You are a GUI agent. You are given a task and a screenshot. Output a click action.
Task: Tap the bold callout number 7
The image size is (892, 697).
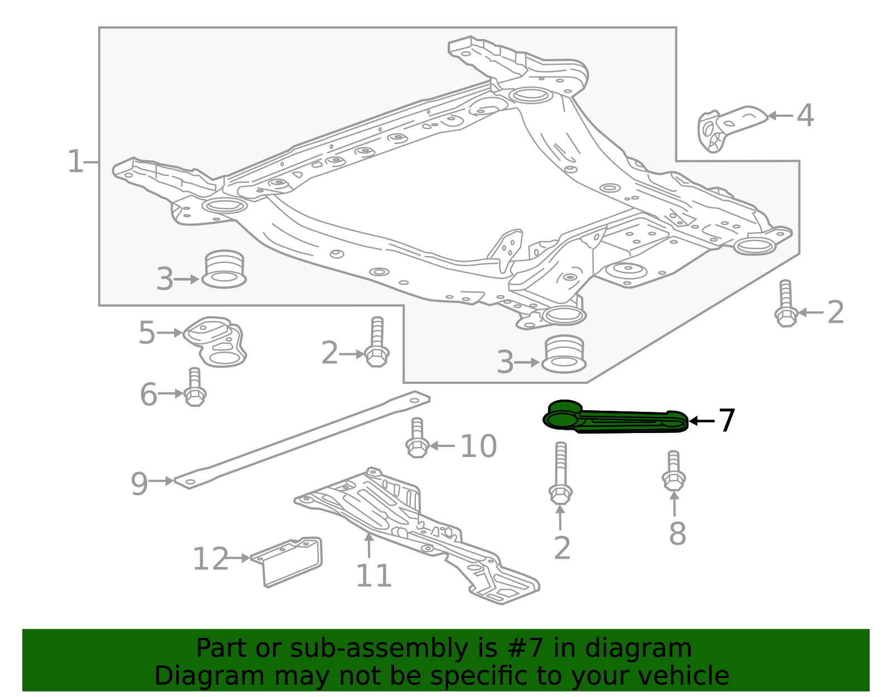point(726,421)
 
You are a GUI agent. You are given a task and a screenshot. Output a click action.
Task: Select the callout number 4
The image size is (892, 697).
point(805,116)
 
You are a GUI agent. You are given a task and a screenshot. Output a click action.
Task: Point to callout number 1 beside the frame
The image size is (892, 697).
point(75,162)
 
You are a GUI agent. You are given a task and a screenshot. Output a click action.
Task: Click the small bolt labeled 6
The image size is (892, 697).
point(194,388)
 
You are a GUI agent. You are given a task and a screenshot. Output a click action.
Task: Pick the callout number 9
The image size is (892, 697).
point(139,483)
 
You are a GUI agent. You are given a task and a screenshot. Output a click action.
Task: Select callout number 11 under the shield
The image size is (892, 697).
point(374,575)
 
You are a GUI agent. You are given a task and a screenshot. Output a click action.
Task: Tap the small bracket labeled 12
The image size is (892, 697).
point(290,560)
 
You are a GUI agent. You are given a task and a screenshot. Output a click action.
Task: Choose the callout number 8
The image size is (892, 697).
point(677,534)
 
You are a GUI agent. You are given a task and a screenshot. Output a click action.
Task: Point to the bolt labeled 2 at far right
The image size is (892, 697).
point(786,304)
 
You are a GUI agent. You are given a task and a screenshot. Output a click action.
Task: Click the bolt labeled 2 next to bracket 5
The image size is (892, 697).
point(377,342)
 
